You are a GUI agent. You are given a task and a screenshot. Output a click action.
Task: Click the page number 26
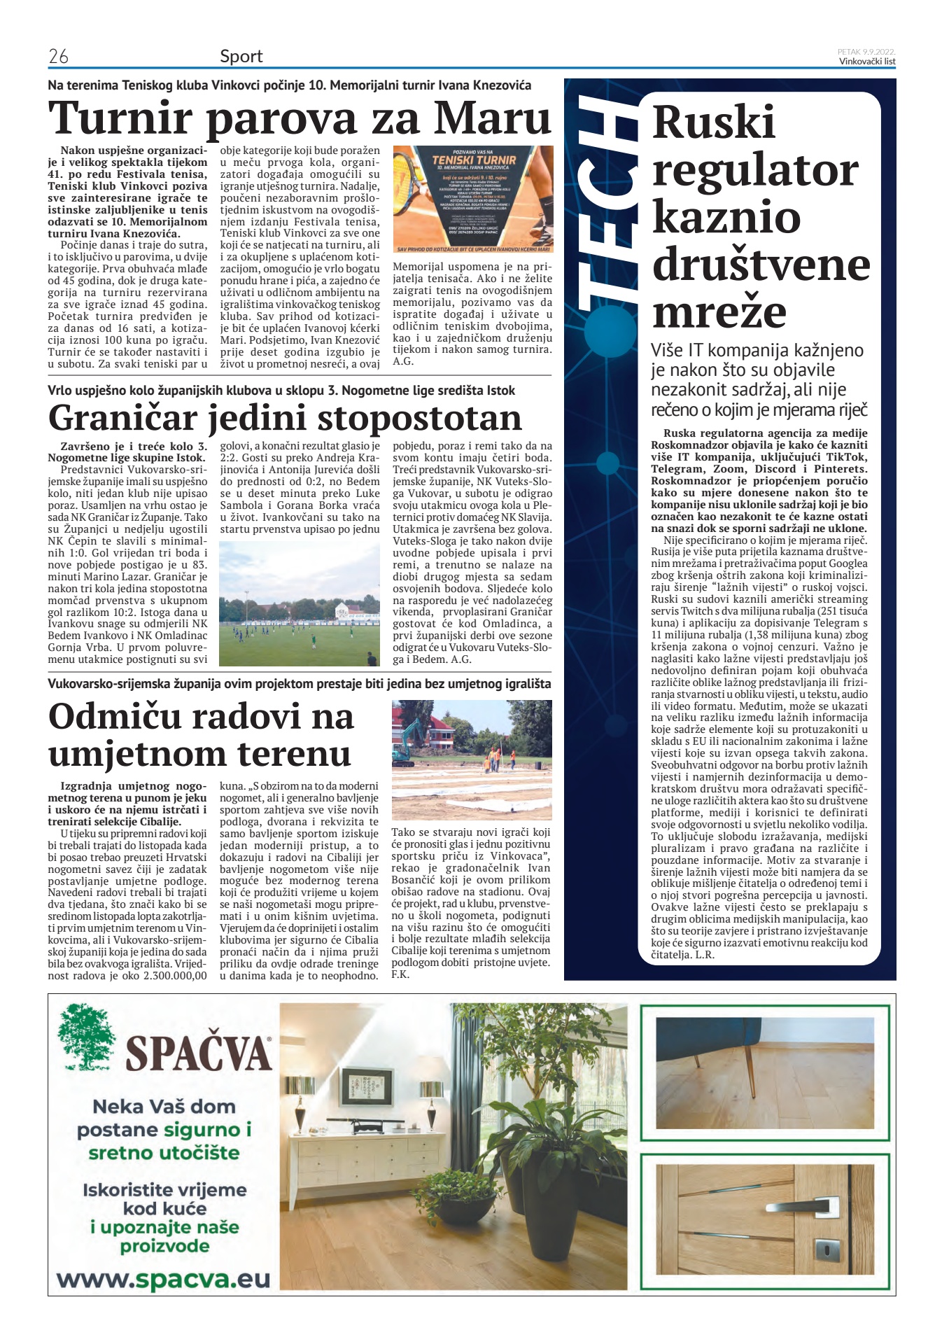point(58,56)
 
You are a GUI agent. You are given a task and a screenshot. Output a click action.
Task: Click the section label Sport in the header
point(241,56)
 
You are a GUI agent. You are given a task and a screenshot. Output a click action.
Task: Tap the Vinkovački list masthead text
point(867,62)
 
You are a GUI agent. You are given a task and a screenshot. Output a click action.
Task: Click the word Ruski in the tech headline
point(713,122)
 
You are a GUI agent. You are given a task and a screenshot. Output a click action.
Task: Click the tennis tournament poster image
point(472,199)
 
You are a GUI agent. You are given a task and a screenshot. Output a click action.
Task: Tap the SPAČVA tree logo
point(87,1039)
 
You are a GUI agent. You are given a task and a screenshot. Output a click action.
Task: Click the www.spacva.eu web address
point(163,1279)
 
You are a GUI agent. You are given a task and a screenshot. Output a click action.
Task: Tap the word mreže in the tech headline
point(719,312)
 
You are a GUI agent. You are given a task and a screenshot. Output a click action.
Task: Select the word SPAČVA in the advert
point(199,1052)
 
